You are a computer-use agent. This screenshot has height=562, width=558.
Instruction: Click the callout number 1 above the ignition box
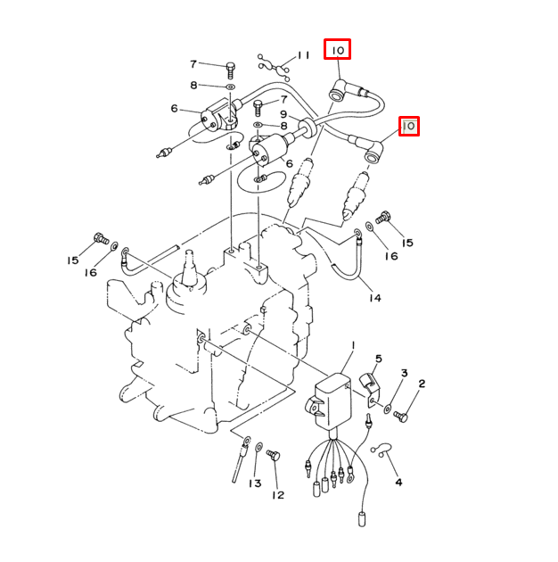[353, 345]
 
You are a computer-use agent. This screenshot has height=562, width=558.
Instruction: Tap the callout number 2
[421, 384]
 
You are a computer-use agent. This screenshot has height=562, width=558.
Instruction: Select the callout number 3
[404, 373]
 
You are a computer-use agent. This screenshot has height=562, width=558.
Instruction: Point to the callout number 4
[398, 482]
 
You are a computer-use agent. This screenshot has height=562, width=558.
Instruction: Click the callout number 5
[378, 359]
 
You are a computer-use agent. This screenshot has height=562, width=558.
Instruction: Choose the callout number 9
[283, 114]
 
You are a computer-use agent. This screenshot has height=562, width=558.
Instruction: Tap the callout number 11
[303, 55]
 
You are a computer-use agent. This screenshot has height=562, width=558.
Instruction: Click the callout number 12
[278, 494]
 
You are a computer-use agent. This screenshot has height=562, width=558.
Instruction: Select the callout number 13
[255, 483]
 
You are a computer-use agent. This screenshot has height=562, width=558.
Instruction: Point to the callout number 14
[374, 297]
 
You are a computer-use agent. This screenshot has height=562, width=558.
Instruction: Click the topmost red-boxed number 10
[338, 51]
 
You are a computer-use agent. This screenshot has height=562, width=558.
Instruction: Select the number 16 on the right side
[390, 256]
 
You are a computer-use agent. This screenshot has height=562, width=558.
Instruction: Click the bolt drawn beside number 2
[400, 415]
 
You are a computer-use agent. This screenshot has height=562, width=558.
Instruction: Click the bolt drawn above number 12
[274, 457]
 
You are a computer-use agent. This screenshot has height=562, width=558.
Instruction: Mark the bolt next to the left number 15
[100, 238]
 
